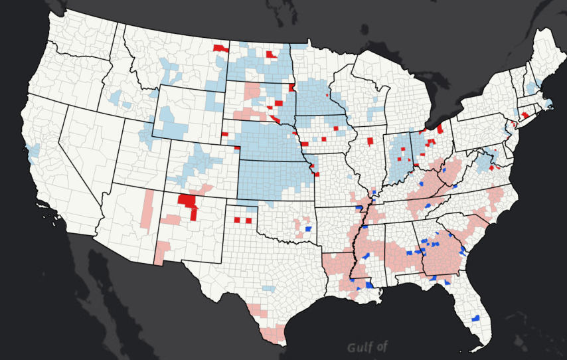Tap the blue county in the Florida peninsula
[x=475, y=319]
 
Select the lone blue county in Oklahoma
[x=308, y=228]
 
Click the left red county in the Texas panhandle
[x=238, y=220]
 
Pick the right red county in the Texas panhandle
[x=249, y=220]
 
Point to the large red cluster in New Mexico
[x=188, y=203]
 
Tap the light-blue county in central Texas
[x=268, y=289]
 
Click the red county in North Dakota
[x=271, y=54]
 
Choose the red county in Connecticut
[x=525, y=115]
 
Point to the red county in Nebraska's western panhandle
[x=224, y=135]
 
